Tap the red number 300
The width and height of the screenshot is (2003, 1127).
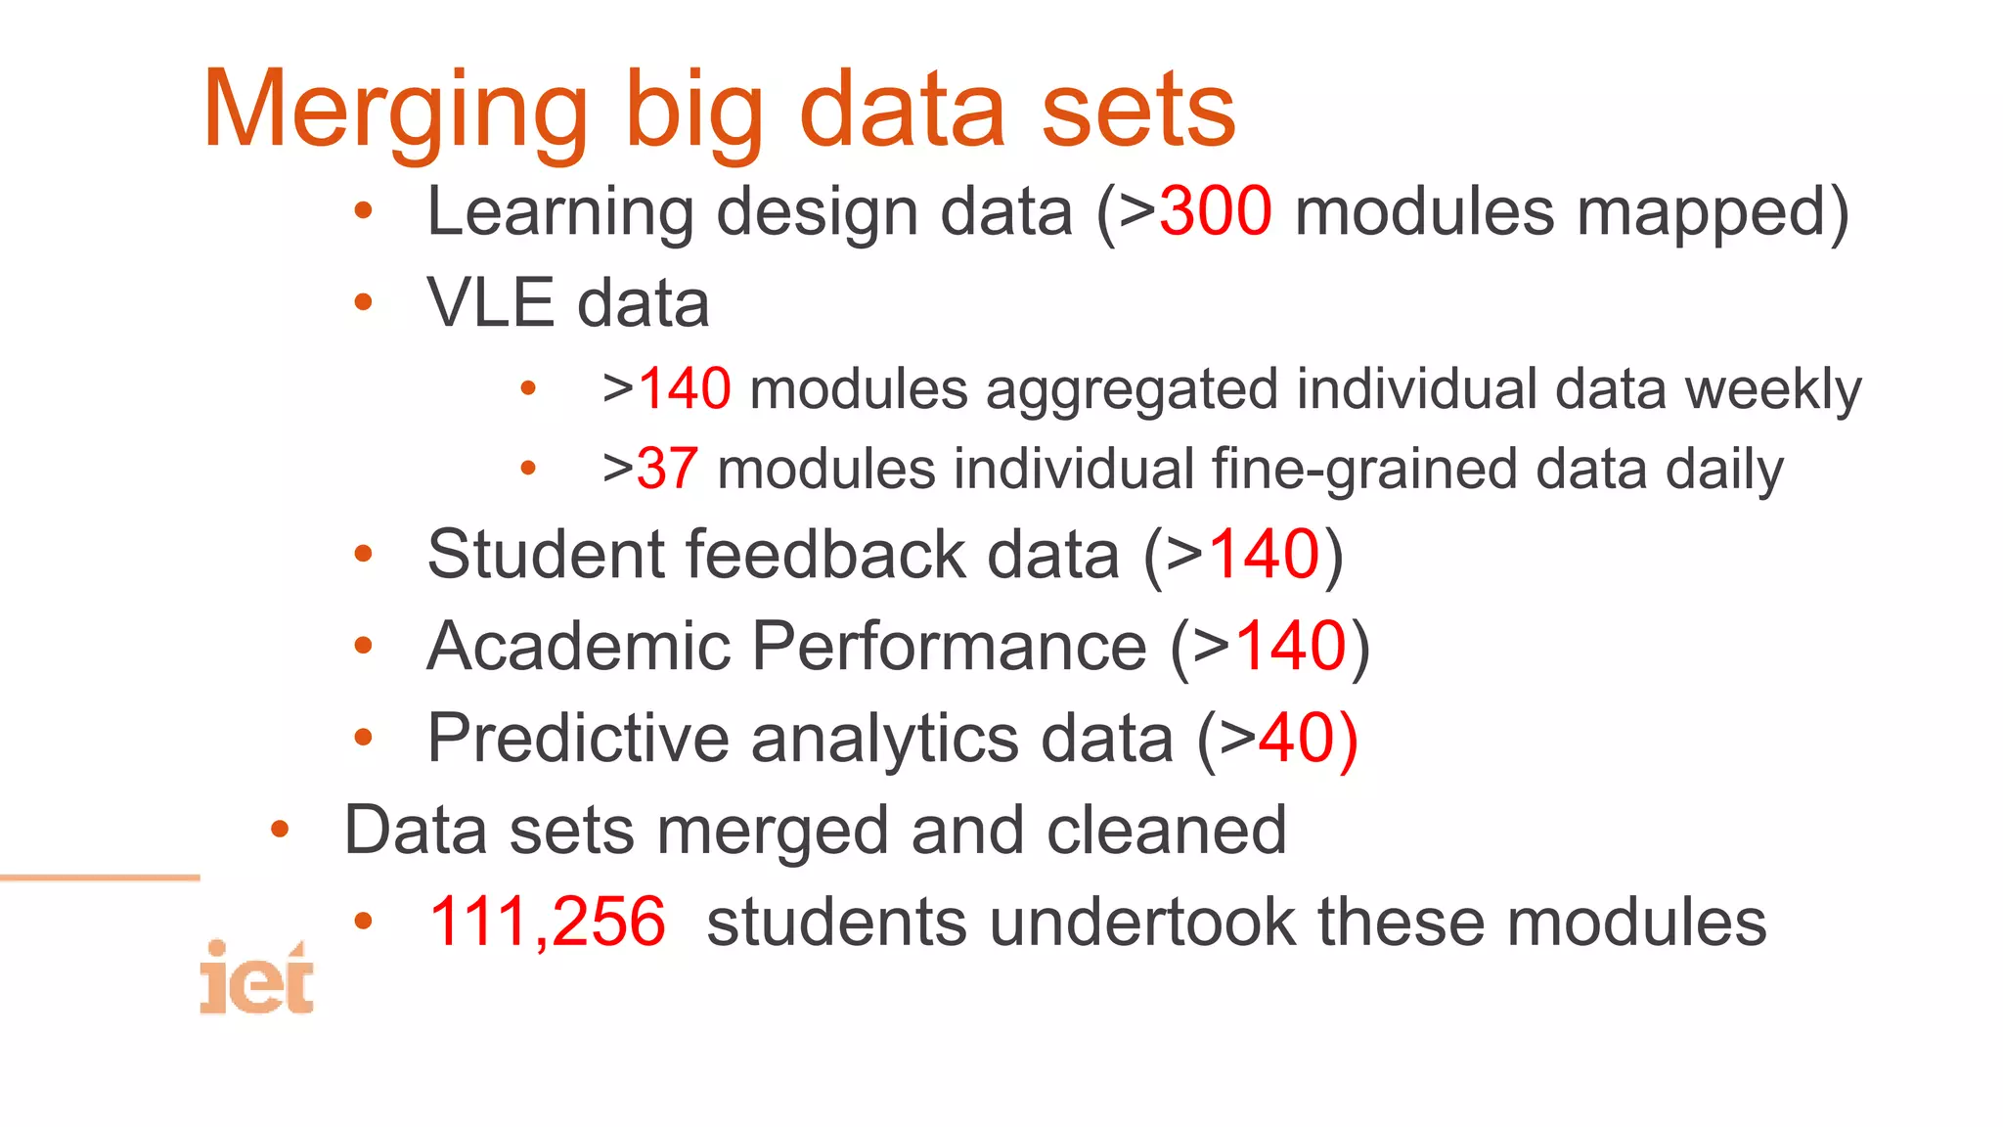(x=1215, y=211)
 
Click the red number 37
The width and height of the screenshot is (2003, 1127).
(x=667, y=469)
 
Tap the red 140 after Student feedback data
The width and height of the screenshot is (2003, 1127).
(x=1265, y=555)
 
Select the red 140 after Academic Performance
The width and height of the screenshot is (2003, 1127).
(x=1291, y=647)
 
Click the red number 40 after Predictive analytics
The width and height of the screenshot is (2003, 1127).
(x=1294, y=738)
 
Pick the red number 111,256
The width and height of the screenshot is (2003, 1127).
(x=547, y=922)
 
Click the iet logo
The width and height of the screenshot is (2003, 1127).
(x=256, y=978)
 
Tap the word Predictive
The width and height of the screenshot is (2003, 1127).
(x=578, y=738)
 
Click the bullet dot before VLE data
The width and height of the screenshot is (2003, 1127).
(x=363, y=302)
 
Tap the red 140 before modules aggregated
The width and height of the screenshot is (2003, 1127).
(x=684, y=388)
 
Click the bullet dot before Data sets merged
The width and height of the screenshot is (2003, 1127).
(x=280, y=831)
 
